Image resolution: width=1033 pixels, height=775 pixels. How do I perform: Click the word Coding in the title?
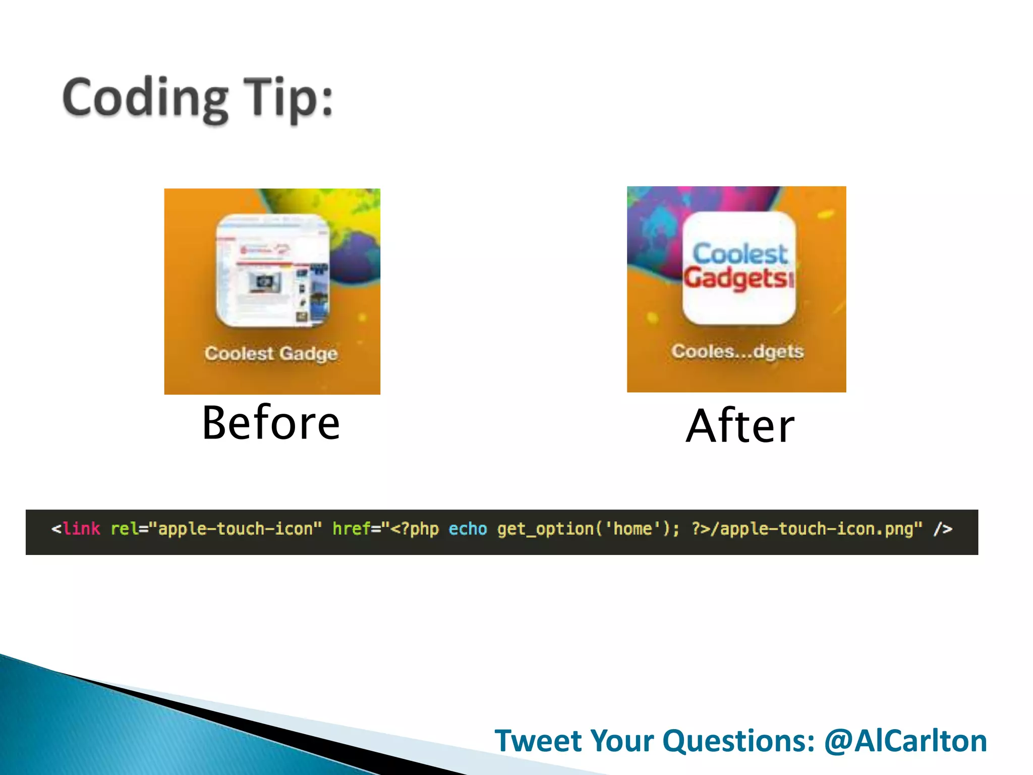(x=145, y=98)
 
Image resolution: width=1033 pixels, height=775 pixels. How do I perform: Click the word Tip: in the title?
(x=288, y=98)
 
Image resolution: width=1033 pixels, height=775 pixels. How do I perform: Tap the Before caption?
(x=271, y=423)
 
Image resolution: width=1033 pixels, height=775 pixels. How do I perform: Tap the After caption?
(x=740, y=426)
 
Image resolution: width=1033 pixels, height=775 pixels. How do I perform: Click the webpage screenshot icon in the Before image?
(x=273, y=271)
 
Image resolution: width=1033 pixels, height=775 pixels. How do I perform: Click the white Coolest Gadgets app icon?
(x=739, y=268)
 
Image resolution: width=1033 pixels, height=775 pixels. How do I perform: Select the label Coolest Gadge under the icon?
(x=271, y=353)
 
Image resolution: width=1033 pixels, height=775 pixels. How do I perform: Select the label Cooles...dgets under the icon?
(x=737, y=351)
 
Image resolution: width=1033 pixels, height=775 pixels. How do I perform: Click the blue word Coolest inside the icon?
(x=739, y=253)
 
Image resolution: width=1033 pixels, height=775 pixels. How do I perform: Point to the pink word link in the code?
(x=82, y=529)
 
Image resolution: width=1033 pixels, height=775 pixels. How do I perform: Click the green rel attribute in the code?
(x=124, y=529)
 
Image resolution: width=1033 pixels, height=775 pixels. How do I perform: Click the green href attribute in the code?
(x=351, y=529)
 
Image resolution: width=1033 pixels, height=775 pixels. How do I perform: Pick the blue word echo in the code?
(x=468, y=529)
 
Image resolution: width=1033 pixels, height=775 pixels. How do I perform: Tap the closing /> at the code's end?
(x=942, y=529)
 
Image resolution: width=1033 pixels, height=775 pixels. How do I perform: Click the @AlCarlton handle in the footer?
(x=905, y=741)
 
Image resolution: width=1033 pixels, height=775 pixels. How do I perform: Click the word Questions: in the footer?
(x=738, y=741)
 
